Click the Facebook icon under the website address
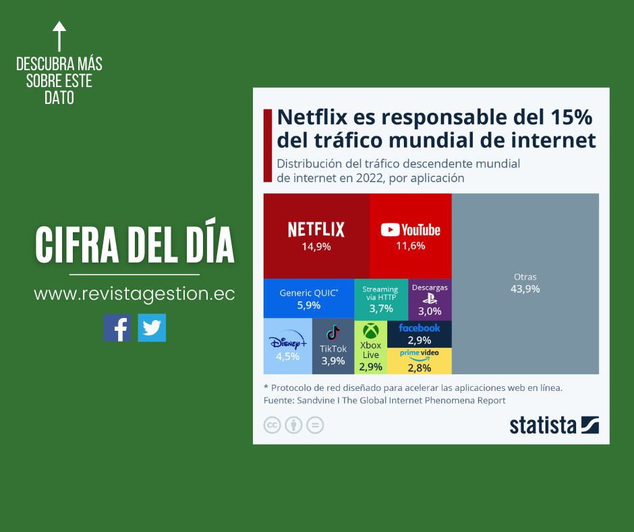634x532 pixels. pyautogui.click(x=117, y=327)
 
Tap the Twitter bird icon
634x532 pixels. pyautogui.click(x=152, y=327)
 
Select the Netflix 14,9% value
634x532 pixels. pyautogui.click(x=316, y=247)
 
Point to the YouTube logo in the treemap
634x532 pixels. pyautogui.click(x=410, y=230)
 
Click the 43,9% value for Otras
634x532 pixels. pyautogui.click(x=525, y=289)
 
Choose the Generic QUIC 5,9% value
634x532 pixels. pyautogui.click(x=309, y=305)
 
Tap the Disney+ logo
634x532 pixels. pyautogui.click(x=287, y=342)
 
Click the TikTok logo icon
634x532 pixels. pyautogui.click(x=333, y=333)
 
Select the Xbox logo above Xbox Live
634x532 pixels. pyautogui.click(x=370, y=331)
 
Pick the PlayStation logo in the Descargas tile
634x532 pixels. pyautogui.click(x=430, y=299)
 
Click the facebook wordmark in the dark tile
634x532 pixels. pyautogui.click(x=419, y=328)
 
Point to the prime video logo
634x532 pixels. pyautogui.click(x=419, y=354)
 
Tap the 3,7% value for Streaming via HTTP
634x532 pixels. pyautogui.click(x=381, y=309)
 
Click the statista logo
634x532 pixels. pyautogui.click(x=554, y=425)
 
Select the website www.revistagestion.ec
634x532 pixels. pyautogui.click(x=134, y=294)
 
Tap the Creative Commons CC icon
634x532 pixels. pyautogui.click(x=272, y=425)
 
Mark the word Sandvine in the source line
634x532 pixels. pyautogui.click(x=316, y=400)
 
